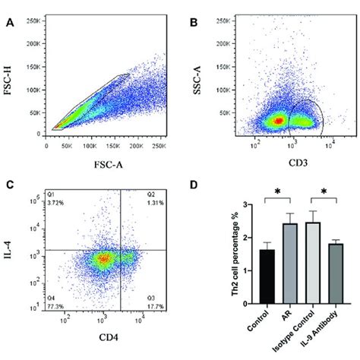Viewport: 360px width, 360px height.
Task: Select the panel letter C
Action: [x=10, y=185]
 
